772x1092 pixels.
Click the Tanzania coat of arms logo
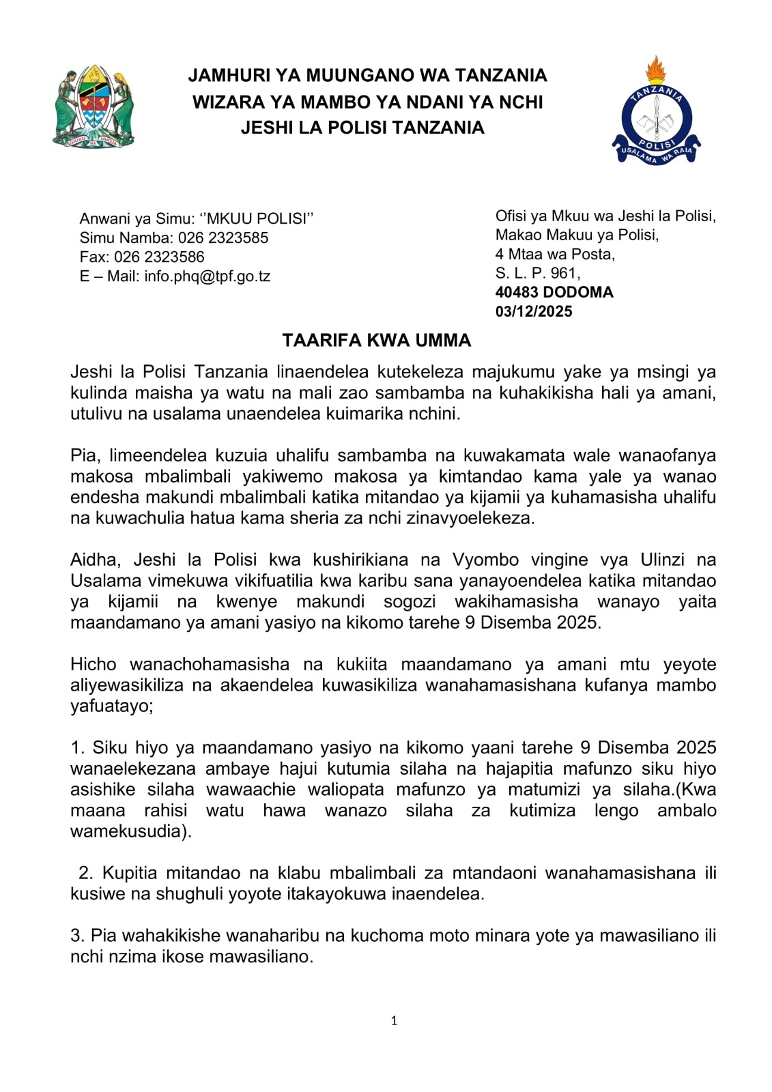coord(93,107)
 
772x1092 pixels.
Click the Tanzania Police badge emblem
coord(656,113)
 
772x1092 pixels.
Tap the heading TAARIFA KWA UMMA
coord(377,341)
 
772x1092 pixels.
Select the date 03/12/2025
coord(534,312)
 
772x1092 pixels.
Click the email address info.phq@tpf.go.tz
coord(207,276)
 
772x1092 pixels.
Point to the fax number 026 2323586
coord(159,257)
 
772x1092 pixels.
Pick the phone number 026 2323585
coord(223,238)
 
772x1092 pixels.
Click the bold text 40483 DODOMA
coord(554,293)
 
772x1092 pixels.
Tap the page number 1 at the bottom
coord(394,1021)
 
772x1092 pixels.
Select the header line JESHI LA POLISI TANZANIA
coord(362,128)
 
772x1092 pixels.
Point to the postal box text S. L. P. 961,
coord(538,274)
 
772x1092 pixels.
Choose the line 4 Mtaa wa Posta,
coord(555,255)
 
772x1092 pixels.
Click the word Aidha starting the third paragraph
coord(94,560)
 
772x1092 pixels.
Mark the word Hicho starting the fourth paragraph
coord(92,665)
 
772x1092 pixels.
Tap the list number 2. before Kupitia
coord(85,873)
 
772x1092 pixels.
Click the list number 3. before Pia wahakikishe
coord(77,936)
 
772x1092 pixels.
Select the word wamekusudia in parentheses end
coord(127,832)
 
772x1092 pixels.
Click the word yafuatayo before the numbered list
coord(110,706)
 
